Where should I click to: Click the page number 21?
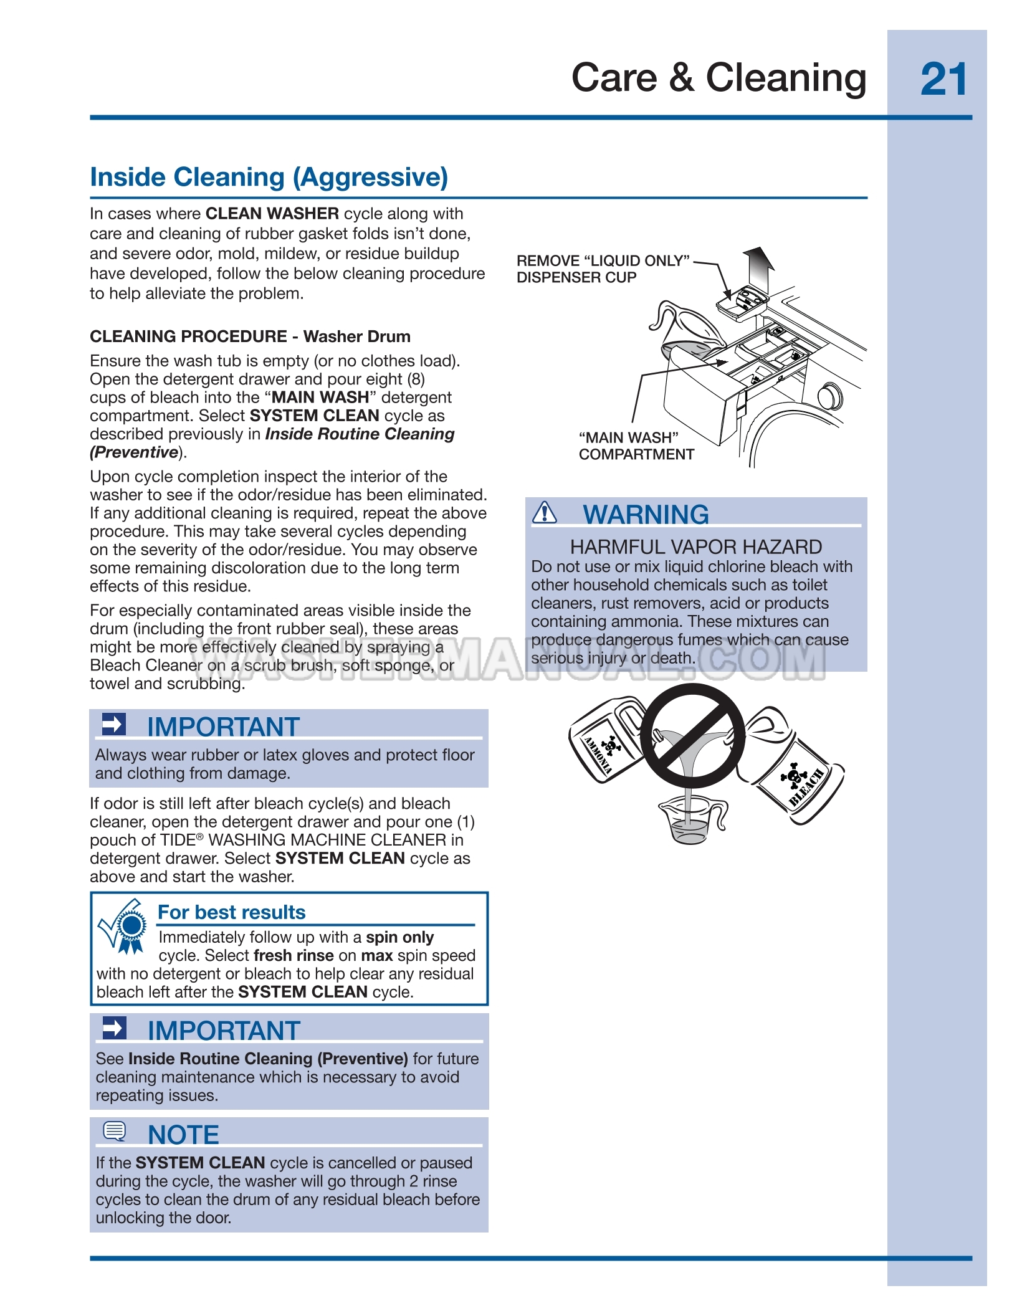coord(943,80)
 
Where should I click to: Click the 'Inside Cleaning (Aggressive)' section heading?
coord(269,177)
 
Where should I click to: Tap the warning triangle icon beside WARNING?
coord(545,512)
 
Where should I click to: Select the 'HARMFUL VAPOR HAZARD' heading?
coord(695,546)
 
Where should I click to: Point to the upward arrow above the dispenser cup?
coord(760,266)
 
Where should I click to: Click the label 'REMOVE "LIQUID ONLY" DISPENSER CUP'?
coord(603,269)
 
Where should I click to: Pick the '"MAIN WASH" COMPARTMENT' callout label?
coord(636,446)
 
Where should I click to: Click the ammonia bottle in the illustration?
coord(605,741)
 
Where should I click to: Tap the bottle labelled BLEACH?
coord(798,773)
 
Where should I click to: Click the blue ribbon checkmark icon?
coord(125,927)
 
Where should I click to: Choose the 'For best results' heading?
coord(231,912)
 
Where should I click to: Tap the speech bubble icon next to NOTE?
coord(114,1131)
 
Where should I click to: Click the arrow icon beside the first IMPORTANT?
coord(113,724)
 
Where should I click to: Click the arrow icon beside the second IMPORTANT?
coord(114,1028)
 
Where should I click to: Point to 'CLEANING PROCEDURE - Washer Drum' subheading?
coord(250,336)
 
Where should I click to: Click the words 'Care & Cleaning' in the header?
coord(719,79)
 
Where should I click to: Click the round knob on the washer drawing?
coord(829,397)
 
